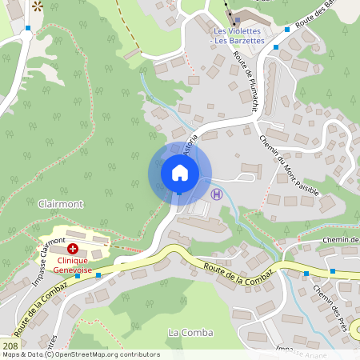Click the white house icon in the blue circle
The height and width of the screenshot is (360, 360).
[180, 173]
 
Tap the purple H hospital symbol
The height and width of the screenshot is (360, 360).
[215, 193]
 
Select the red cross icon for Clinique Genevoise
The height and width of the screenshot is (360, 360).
[72, 249]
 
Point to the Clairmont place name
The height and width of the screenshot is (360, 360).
[60, 204]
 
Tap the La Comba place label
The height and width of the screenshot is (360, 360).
[186, 332]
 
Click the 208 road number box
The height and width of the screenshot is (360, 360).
[10, 346]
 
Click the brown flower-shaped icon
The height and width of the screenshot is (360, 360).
[38, 6]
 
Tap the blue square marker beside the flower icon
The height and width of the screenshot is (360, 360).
[28, 28]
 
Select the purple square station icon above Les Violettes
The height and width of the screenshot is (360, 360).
[236, 19]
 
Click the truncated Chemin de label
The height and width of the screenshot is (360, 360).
[340, 240]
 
